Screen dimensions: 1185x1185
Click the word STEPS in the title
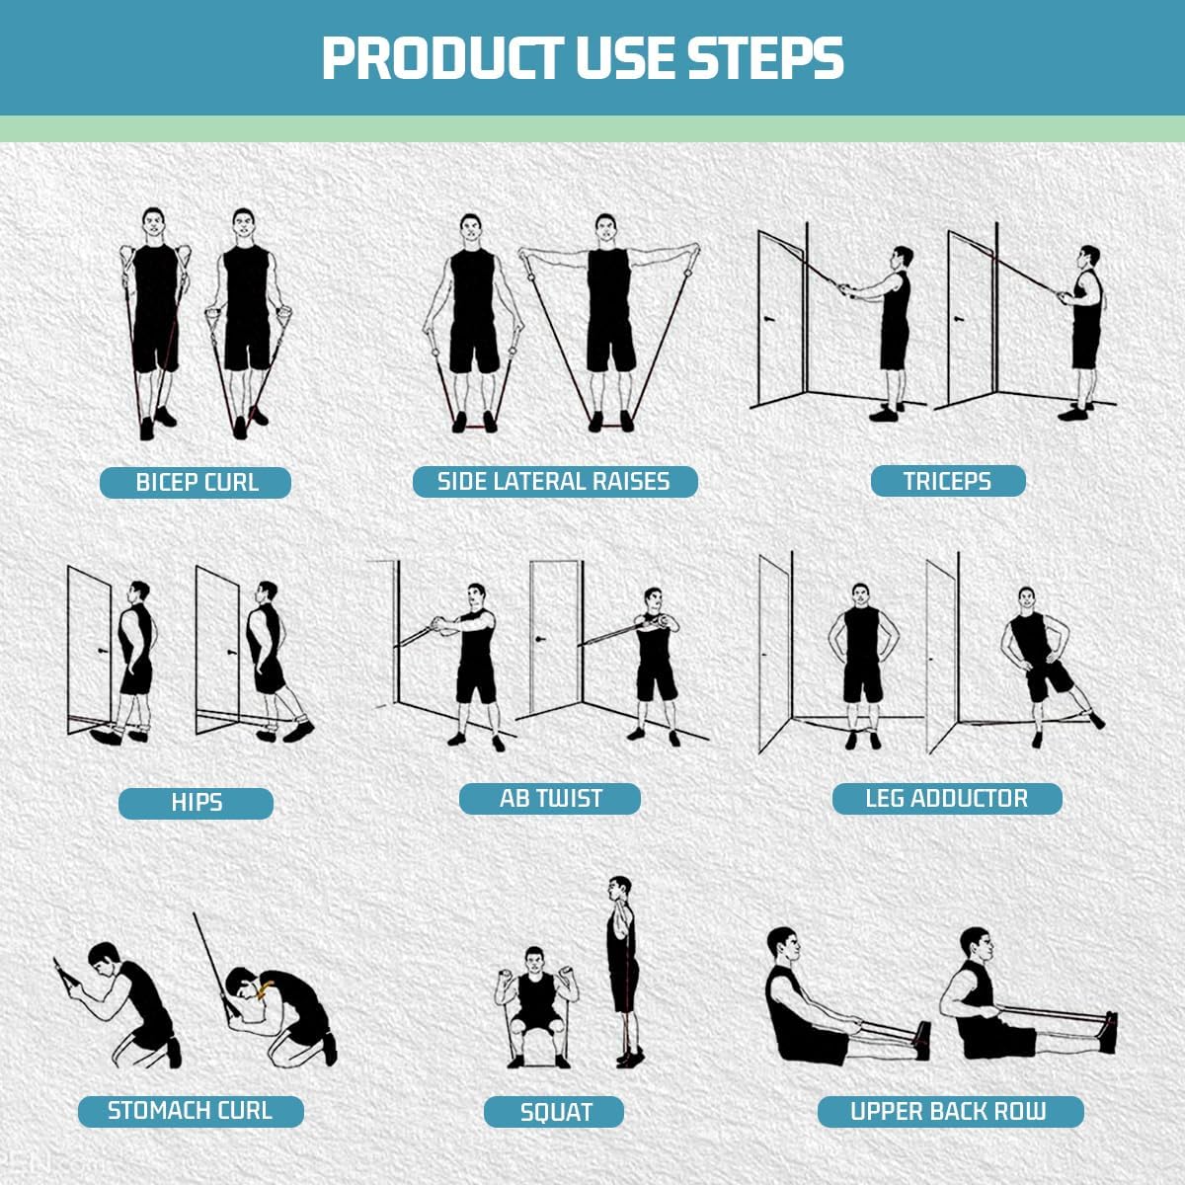pos(765,58)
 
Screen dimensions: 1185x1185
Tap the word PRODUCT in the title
pos(442,58)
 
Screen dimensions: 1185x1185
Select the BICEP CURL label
pos(196,482)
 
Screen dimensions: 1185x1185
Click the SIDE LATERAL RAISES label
pos(555,481)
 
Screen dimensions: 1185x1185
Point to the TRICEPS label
pos(948,480)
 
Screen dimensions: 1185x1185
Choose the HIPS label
pos(196,803)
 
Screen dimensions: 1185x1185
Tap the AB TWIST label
pos(550,798)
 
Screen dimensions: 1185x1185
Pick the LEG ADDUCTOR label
pos(947,798)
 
